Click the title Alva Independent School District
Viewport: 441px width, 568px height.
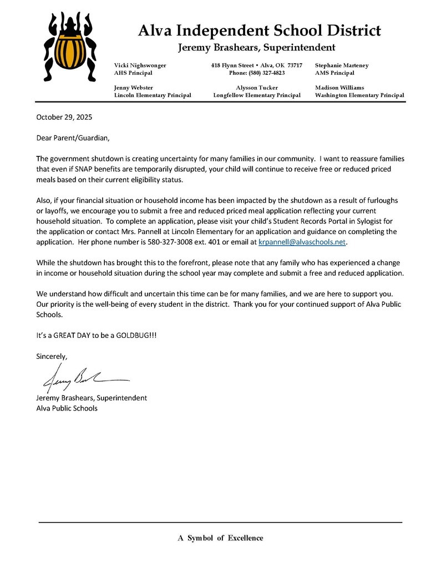(259, 30)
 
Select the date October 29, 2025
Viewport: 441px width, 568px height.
(64, 117)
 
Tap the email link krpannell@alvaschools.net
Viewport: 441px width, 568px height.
(302, 242)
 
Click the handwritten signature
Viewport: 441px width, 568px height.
(83, 379)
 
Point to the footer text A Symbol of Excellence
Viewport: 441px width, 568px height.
(220, 537)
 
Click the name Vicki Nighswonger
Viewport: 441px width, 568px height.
(140, 65)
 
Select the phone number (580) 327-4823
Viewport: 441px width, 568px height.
(257, 73)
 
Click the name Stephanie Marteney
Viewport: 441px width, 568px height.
(341, 65)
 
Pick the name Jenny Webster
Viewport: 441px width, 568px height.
(134, 88)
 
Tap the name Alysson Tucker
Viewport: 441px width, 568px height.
(257, 88)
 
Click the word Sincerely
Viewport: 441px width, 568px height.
(52, 356)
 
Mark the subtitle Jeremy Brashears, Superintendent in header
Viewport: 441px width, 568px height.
(256, 48)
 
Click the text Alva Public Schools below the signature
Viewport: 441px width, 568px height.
(67, 408)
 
